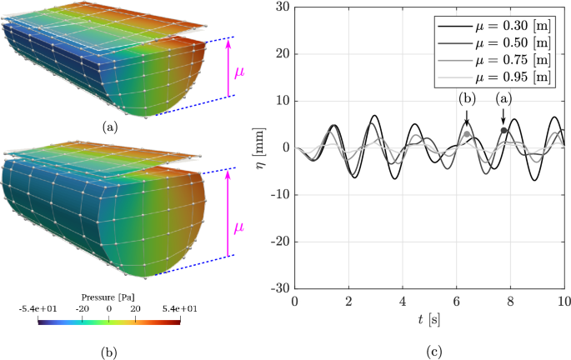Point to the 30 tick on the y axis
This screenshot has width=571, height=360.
tap(282, 7)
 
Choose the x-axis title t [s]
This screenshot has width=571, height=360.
tap(429, 320)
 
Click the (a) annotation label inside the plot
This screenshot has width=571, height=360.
tap(503, 98)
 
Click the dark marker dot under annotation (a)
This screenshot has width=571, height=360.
tap(503, 130)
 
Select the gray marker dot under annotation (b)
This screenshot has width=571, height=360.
tap(467, 134)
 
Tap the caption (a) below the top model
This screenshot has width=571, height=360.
tap(109, 127)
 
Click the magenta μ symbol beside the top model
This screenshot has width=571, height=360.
tap(239, 72)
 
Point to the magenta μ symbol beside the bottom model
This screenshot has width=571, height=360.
tap(240, 226)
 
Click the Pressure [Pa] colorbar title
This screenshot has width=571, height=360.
tap(109, 296)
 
